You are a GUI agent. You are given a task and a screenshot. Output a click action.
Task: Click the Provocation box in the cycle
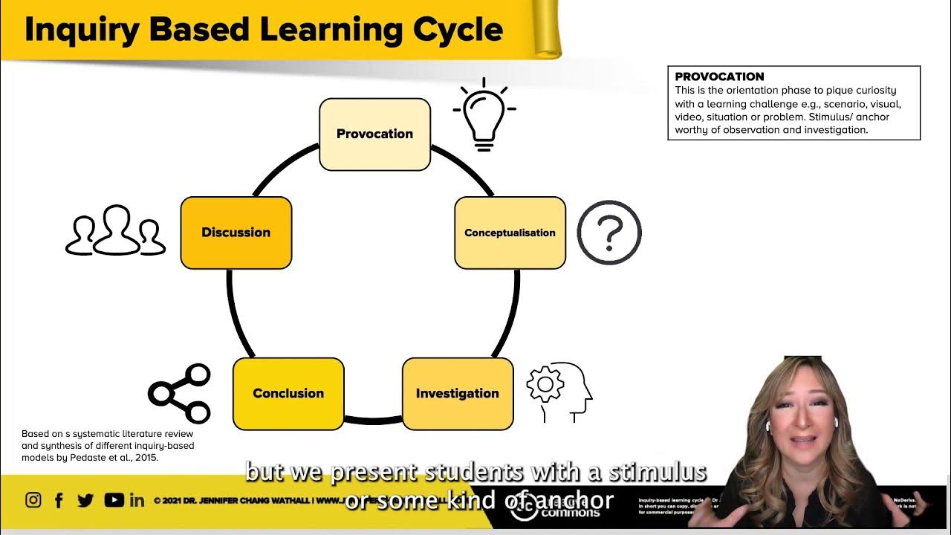click(374, 134)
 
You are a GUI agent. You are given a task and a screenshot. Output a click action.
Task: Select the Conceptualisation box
click(510, 233)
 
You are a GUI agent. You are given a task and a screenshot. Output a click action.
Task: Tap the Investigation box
click(458, 394)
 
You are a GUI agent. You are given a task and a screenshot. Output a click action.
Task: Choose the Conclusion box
click(288, 394)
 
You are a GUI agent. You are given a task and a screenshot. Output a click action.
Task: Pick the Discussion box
click(236, 233)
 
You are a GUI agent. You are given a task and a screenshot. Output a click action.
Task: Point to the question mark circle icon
click(609, 233)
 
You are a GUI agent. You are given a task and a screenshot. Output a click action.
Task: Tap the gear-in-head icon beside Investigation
click(559, 391)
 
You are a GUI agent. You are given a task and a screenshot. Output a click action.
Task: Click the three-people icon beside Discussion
click(116, 231)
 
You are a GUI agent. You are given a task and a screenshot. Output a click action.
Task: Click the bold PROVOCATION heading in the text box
click(719, 77)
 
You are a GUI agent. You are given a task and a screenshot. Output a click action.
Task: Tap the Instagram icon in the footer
click(33, 500)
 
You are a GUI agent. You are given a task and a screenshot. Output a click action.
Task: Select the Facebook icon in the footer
click(59, 500)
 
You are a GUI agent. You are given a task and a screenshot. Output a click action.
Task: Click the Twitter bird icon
click(85, 500)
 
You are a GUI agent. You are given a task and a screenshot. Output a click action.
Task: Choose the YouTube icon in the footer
click(114, 500)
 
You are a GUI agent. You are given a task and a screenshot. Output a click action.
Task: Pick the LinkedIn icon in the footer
click(137, 500)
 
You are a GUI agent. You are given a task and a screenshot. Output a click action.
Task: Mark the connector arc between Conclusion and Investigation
click(373, 421)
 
